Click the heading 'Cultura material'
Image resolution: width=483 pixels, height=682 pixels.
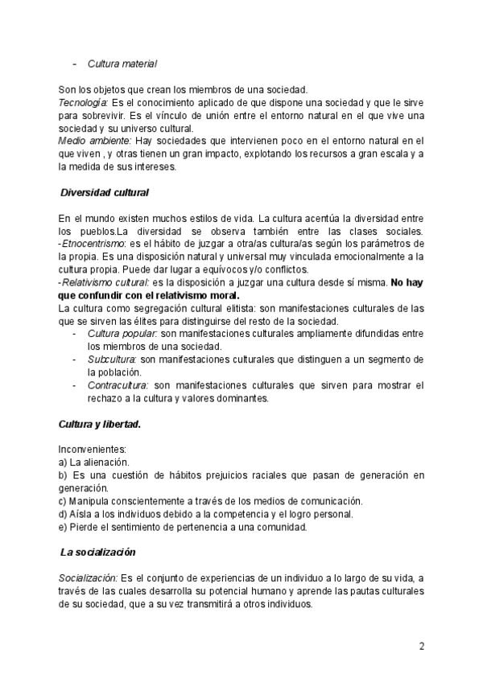tap(122, 64)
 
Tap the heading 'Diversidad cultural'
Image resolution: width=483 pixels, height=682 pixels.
tap(105, 193)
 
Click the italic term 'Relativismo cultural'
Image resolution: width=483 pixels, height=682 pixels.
tap(101, 282)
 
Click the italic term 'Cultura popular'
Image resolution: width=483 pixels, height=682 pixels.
tap(122, 334)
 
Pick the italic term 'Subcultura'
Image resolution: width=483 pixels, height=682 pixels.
tap(112, 359)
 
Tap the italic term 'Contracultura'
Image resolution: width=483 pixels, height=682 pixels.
tap(118, 385)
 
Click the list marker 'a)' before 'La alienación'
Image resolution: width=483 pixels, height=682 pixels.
tap(63, 462)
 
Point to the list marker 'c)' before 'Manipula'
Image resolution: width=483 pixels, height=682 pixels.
tap(63, 501)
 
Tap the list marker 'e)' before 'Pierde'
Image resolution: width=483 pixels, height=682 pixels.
tap(63, 527)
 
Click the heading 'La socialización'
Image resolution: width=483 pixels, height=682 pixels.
tap(98, 553)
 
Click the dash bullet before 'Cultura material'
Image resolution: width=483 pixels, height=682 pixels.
tap(74, 64)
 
